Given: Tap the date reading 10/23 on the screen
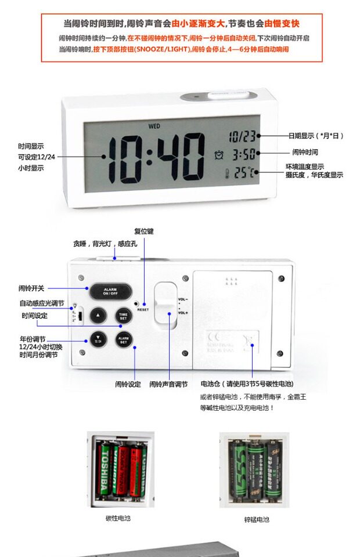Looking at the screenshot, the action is (x=242, y=136).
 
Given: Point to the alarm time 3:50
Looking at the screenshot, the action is (x=244, y=155).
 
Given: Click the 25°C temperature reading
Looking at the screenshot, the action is (x=244, y=172).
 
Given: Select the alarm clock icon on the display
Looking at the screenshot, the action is (x=219, y=155).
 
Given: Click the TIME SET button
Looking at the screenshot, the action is (x=123, y=316).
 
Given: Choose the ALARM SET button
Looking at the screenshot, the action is (x=123, y=340).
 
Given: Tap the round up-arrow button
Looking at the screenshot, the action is (x=98, y=316).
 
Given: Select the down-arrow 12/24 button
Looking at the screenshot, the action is (x=98, y=339).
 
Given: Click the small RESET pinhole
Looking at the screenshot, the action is (x=136, y=303).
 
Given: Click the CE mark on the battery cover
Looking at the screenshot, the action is (x=215, y=337).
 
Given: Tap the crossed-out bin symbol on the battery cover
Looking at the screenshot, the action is (x=250, y=342).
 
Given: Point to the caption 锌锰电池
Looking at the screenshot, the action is (x=256, y=520).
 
